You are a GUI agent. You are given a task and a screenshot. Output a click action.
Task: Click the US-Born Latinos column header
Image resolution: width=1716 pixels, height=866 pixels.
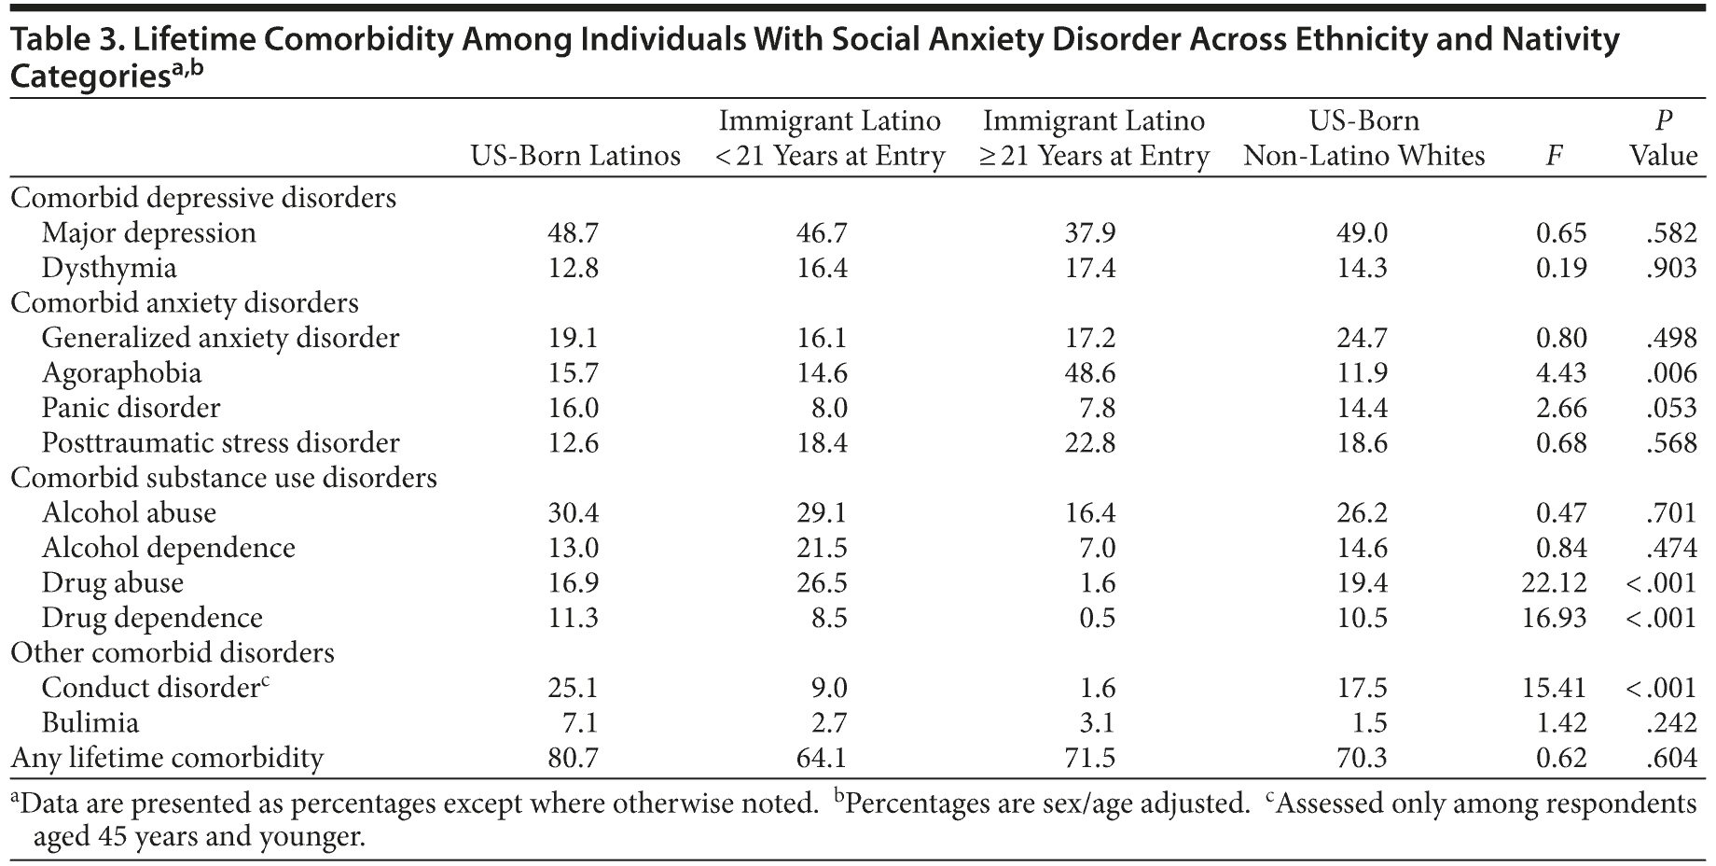click(x=574, y=156)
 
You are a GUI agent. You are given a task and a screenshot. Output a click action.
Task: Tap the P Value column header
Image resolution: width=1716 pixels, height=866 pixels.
click(x=1663, y=138)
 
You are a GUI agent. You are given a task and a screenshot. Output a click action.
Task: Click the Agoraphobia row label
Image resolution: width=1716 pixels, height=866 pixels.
click(x=121, y=373)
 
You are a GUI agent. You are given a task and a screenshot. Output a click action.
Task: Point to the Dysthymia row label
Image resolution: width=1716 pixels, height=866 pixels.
click(x=109, y=269)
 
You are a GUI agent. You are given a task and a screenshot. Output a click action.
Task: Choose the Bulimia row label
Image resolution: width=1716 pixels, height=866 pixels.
click(x=90, y=723)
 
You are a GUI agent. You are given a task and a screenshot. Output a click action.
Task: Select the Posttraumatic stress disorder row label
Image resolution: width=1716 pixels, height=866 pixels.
click(x=220, y=443)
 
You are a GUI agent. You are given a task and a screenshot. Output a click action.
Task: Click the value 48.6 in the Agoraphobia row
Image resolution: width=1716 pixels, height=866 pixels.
click(x=1090, y=373)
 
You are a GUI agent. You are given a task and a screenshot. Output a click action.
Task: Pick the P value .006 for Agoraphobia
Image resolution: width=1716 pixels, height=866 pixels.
click(x=1671, y=373)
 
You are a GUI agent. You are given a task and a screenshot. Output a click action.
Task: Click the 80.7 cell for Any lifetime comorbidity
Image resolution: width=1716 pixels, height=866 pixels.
click(x=573, y=758)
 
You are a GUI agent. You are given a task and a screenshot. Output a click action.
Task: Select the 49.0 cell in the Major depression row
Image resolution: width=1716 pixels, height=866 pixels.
click(x=1363, y=233)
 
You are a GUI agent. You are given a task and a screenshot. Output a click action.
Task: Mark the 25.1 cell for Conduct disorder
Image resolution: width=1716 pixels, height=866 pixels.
click(x=573, y=689)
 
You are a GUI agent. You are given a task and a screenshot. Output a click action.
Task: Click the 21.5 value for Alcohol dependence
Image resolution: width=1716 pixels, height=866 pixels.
click(x=822, y=549)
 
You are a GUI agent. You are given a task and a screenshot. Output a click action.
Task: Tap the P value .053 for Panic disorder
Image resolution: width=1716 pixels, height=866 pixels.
click(x=1671, y=409)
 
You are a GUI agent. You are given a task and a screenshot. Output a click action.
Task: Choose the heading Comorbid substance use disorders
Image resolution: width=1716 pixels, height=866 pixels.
click(x=224, y=478)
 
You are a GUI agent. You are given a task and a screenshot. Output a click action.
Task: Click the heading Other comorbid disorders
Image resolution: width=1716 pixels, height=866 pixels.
click(x=173, y=653)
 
